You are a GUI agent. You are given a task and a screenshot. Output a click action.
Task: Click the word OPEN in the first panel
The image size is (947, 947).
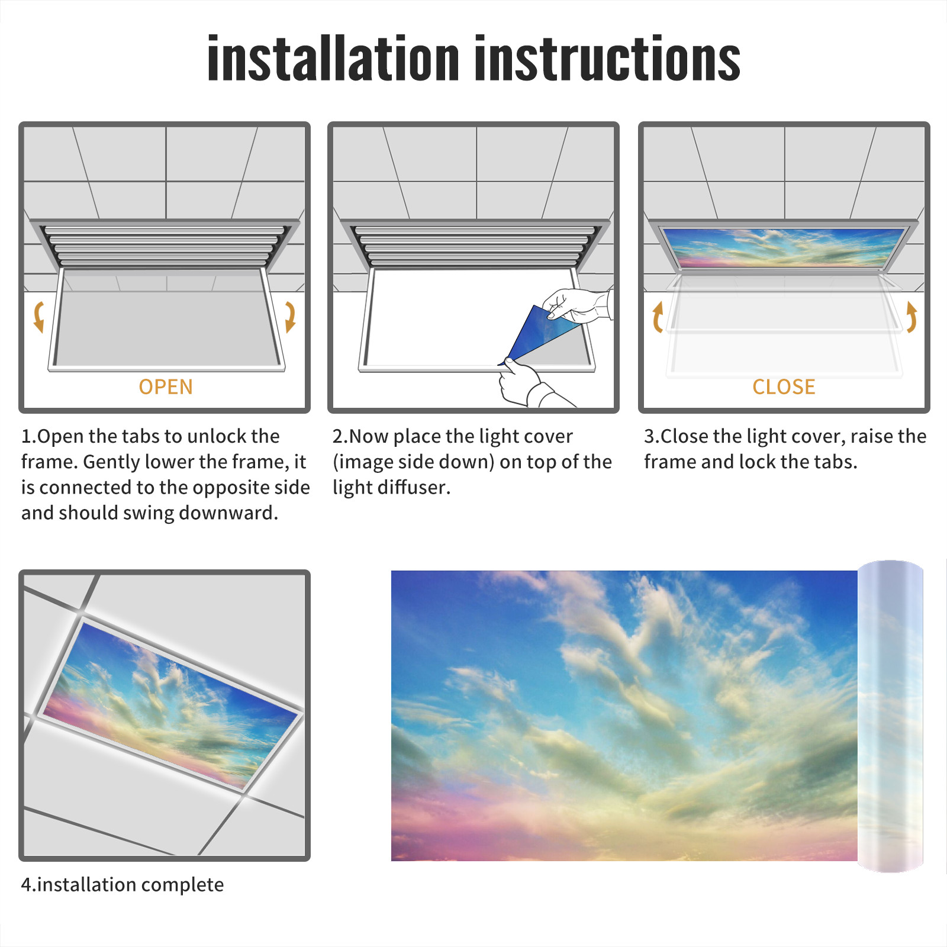[166, 387]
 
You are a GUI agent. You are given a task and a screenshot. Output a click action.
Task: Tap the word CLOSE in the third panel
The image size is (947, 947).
[784, 387]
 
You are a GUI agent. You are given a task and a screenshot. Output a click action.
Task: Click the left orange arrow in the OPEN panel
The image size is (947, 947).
[38, 317]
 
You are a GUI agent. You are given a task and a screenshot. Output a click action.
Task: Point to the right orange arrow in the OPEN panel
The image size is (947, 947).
[290, 317]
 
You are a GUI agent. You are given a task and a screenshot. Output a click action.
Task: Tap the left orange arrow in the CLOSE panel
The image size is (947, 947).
[657, 317]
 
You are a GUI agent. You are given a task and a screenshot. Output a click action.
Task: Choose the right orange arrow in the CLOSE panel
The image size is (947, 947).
[912, 317]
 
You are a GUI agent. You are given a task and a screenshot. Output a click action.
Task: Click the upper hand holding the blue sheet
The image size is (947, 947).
[577, 305]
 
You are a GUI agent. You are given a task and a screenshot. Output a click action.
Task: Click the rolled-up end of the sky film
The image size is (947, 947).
[890, 716]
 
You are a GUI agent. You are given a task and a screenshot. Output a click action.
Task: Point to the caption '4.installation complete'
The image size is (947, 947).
[123, 885]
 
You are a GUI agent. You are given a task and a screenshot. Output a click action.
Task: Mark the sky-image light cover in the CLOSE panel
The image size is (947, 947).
[784, 247]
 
